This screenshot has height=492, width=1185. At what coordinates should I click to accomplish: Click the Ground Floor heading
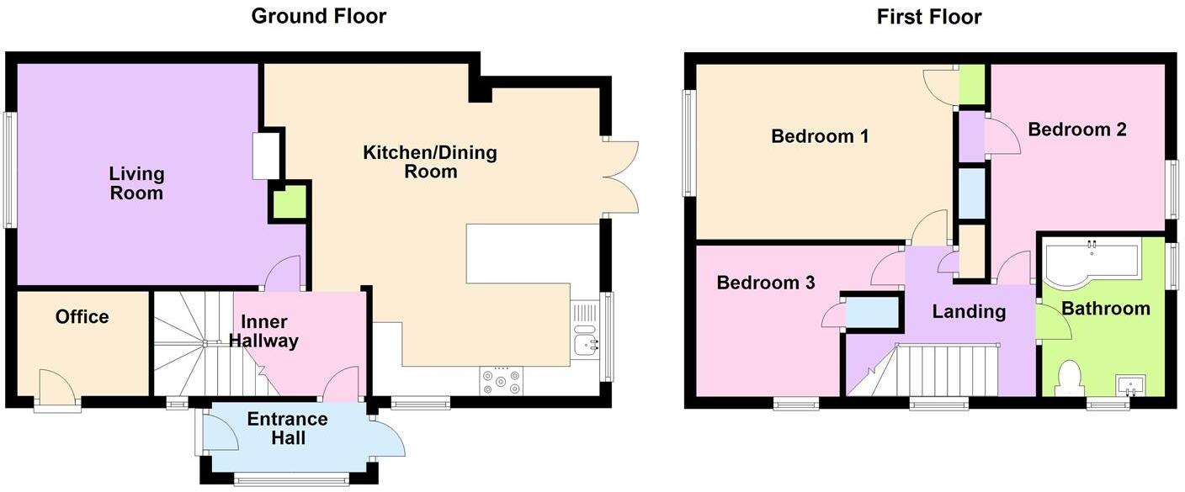coord(319,16)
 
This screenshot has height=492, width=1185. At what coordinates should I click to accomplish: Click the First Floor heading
coord(929,17)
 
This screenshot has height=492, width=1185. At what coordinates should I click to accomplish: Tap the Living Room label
coord(136,183)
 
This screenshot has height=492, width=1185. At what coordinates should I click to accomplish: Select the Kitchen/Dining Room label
coord(429,162)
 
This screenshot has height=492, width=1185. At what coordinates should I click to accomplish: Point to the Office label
coord(82,317)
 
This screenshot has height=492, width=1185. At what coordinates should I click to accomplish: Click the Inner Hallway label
coord(269,331)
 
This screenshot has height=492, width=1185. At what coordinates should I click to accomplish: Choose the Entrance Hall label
coord(288,429)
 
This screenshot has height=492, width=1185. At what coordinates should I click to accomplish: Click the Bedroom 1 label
coord(820,135)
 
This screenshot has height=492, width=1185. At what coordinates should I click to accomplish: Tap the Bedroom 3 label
coord(765,283)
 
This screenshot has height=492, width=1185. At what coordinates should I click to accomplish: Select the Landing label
coord(969,311)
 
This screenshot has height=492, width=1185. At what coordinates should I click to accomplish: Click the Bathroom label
coord(1105,309)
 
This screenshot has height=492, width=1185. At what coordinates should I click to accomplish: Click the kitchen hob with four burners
coord(502,381)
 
